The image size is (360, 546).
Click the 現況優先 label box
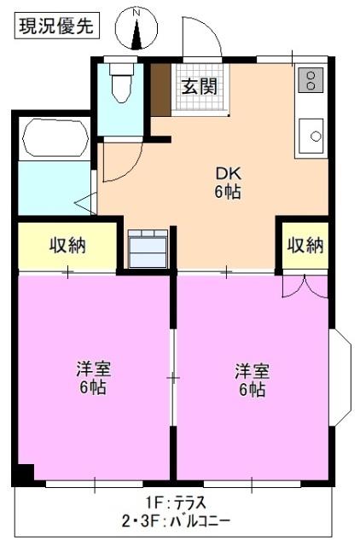pos(56,26)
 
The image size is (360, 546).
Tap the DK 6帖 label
pos(227,182)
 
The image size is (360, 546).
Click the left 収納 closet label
pos(67,246)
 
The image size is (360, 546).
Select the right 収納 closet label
pos(304,246)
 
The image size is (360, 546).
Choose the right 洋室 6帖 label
pos(252,380)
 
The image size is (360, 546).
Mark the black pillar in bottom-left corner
pos(23,473)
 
